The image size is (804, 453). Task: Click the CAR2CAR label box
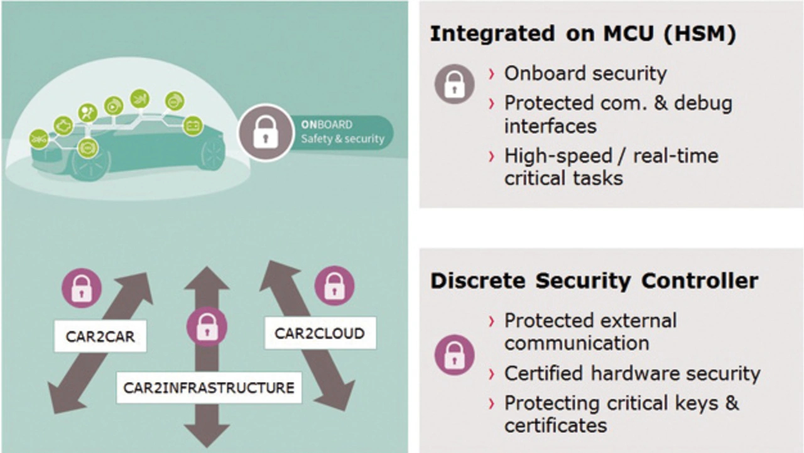click(100, 336)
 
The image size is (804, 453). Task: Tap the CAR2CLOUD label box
click(320, 333)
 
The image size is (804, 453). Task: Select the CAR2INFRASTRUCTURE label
click(209, 388)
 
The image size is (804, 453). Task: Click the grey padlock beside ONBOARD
click(266, 132)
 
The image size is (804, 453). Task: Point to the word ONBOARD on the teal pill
click(327, 124)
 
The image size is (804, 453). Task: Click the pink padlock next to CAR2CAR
click(82, 288)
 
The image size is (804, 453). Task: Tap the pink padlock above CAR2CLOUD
click(335, 286)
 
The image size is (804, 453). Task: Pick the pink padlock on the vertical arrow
click(207, 327)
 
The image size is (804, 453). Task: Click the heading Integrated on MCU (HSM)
click(583, 34)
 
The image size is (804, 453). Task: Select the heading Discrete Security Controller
click(594, 280)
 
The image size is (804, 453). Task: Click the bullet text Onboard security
click(585, 74)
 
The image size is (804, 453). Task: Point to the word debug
click(703, 104)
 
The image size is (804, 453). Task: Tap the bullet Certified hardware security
click(632, 373)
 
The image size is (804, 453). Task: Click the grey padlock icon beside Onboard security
click(454, 84)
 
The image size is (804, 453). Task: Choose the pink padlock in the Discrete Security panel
click(454, 355)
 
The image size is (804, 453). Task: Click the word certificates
click(555, 426)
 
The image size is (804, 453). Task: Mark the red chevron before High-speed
click(492, 156)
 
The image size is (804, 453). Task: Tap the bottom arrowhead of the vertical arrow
click(207, 435)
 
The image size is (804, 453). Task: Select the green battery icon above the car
click(193, 126)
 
